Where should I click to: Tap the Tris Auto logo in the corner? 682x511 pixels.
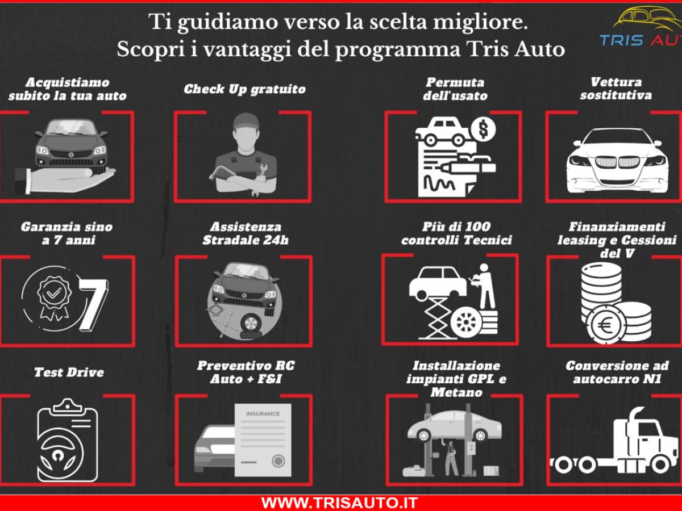(x=639, y=28)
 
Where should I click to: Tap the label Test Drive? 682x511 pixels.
(x=69, y=372)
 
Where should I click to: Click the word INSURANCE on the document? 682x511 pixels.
(x=263, y=414)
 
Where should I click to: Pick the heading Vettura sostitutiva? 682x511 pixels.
(x=616, y=89)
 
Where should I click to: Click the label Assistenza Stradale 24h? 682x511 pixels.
(x=246, y=233)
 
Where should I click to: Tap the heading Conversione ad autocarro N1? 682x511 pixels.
(x=617, y=372)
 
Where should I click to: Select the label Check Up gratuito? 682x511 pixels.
(x=244, y=89)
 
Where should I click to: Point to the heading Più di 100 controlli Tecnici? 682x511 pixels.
(x=456, y=233)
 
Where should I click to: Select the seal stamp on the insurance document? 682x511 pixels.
(x=277, y=460)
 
